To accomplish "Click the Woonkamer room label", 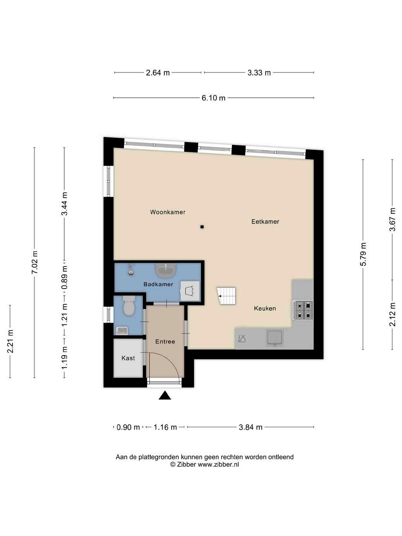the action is click(x=167, y=212).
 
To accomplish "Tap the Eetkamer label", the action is click(x=265, y=222).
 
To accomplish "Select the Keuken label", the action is click(x=265, y=308).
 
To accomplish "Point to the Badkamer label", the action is click(x=158, y=284).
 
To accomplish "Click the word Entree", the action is click(x=165, y=341).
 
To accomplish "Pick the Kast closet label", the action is click(x=128, y=358).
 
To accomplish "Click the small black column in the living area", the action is click(x=202, y=227).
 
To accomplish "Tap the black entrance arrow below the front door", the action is click(x=165, y=395).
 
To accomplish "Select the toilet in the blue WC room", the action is click(x=129, y=305).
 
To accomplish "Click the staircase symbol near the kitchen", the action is click(x=226, y=296).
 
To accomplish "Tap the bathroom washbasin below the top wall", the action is click(x=166, y=271).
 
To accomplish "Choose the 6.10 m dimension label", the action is click(x=213, y=98).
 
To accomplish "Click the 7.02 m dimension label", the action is click(x=34, y=263).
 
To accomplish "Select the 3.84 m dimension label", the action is click(x=251, y=427).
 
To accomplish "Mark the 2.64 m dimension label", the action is click(x=158, y=72).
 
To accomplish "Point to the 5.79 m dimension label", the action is click(x=363, y=254).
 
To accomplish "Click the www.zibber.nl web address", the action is click(x=218, y=464).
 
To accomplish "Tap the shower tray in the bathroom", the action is click(x=190, y=291).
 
